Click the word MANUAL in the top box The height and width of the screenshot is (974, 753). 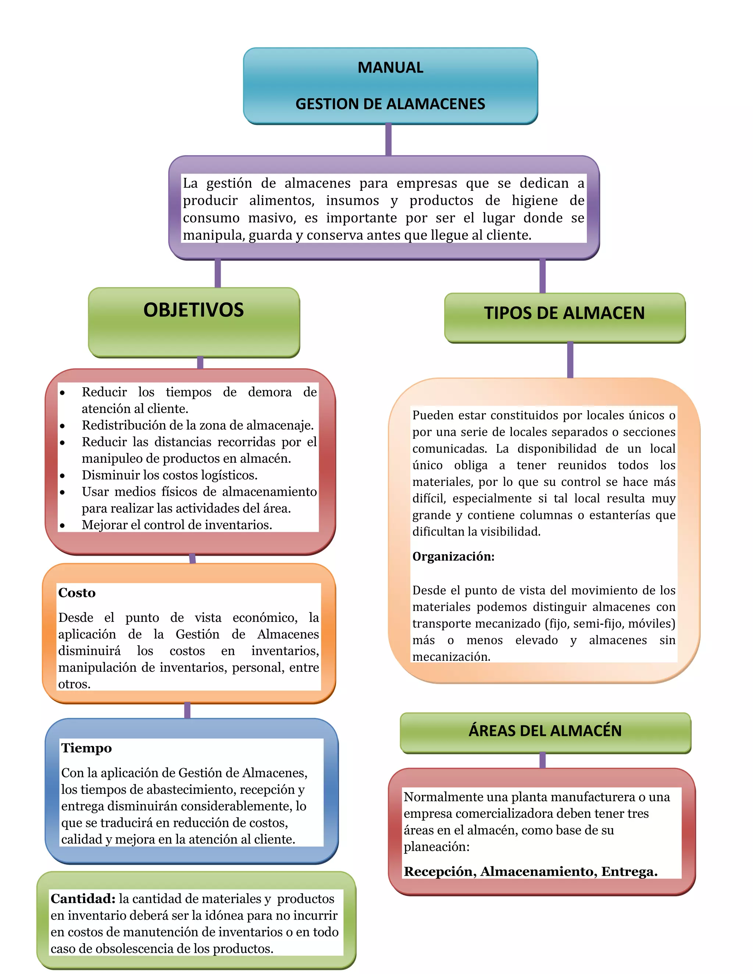click(x=390, y=67)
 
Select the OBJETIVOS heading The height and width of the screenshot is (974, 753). click(x=194, y=310)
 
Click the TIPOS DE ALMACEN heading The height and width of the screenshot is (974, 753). click(x=564, y=313)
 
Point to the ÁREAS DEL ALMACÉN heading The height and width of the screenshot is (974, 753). click(x=545, y=731)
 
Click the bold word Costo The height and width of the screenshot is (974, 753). click(x=77, y=593)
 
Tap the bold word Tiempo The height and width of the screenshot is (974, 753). click(x=86, y=748)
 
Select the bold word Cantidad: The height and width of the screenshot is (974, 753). click(x=83, y=899)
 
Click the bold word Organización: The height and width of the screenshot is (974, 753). click(x=453, y=556)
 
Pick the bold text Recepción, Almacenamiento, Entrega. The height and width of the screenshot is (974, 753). click(x=531, y=871)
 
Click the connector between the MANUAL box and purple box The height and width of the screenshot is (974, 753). click(x=389, y=140)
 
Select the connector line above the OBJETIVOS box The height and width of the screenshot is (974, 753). click(x=218, y=273)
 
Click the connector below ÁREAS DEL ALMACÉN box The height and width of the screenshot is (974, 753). click(x=542, y=760)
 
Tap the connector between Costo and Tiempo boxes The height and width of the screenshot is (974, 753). click(x=188, y=710)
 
